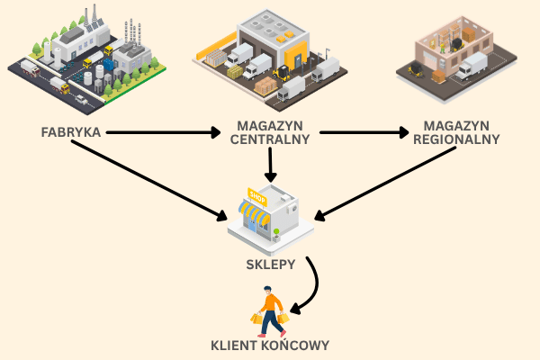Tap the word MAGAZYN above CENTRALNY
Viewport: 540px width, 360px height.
(x=270, y=126)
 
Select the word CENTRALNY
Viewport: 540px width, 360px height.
(x=270, y=139)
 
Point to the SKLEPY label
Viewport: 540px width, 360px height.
(x=271, y=265)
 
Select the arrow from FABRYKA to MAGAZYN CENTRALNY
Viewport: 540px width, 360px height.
(x=162, y=133)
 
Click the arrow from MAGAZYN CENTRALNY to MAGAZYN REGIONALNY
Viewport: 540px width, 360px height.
(x=360, y=133)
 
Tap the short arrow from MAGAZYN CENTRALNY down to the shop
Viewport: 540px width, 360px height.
(x=270, y=164)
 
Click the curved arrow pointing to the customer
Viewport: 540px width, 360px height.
(x=311, y=288)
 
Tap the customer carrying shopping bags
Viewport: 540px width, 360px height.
(x=270, y=310)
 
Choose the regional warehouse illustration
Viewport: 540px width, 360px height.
(x=454, y=54)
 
